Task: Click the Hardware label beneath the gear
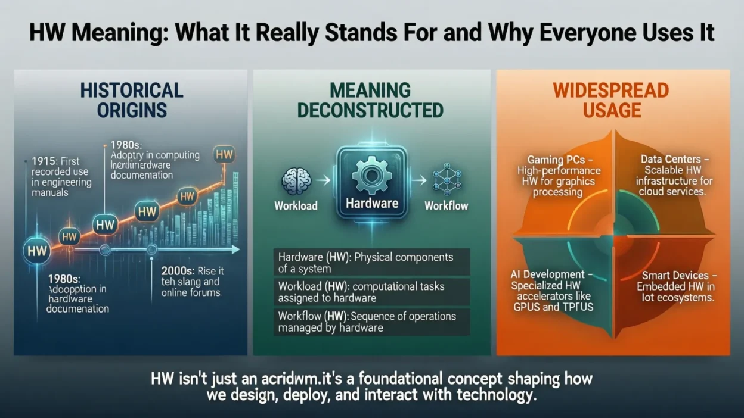point(372,204)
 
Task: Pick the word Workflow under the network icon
point(446,206)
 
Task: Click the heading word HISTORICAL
point(131,91)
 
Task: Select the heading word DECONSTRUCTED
point(370,110)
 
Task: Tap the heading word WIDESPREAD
point(610,91)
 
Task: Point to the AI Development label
point(547,274)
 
